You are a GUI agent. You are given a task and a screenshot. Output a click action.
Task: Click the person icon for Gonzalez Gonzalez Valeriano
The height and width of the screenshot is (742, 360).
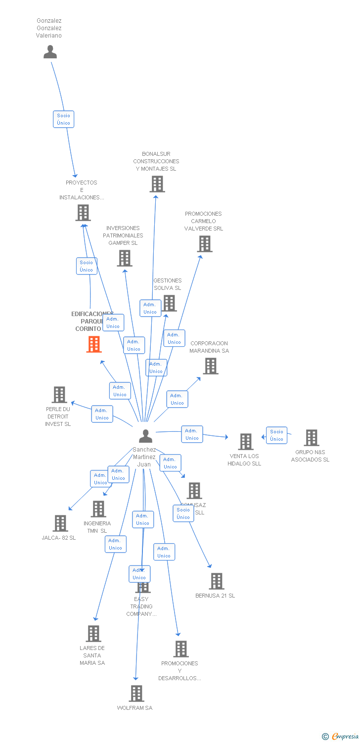pos(50,52)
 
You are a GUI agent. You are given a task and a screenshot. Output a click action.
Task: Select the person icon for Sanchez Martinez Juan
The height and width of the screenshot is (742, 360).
pos(145,436)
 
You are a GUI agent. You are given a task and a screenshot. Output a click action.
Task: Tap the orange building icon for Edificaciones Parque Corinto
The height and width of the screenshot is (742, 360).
pos(94,344)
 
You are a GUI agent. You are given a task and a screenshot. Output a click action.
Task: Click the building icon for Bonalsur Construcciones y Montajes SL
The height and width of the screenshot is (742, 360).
pos(157,184)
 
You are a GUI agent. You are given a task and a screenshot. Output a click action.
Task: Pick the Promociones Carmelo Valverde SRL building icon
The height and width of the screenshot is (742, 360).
pos(204,244)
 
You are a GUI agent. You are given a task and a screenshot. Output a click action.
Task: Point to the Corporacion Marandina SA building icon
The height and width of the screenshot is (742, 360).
pos(210,366)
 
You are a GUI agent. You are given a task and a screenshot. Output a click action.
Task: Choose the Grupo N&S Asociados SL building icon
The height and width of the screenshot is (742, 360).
pos(311,438)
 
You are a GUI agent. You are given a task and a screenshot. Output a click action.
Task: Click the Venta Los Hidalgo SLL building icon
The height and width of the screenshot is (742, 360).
pos(245,441)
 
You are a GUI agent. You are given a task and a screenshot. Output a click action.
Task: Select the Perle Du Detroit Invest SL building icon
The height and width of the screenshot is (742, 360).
pos(59,395)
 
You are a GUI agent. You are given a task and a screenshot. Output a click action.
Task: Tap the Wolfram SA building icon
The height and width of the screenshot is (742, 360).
pos(136,694)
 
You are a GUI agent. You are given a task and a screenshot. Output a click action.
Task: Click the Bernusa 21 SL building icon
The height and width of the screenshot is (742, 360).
pos(216,581)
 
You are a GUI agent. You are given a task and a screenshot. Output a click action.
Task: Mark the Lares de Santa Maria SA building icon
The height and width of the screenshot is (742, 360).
pos(93,634)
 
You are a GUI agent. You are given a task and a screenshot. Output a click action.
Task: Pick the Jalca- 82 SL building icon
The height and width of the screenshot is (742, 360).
pos(60,523)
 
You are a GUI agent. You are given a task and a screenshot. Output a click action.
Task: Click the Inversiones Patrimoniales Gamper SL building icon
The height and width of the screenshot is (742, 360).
pos(124,258)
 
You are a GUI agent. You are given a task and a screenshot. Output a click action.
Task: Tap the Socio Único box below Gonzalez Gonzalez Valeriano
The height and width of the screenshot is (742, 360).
pos(63,119)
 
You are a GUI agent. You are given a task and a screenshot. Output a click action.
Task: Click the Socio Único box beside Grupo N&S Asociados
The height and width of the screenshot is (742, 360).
pos(277,435)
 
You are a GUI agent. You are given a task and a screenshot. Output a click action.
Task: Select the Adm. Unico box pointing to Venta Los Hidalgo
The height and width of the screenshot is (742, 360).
pos(192,434)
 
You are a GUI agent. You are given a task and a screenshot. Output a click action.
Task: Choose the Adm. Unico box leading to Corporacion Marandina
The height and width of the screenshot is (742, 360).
pos(177,399)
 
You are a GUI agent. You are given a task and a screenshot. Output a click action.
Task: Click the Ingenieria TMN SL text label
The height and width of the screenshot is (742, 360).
pos(97,527)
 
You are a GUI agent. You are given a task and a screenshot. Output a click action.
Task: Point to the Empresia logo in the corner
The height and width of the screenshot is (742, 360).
pos(341,736)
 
